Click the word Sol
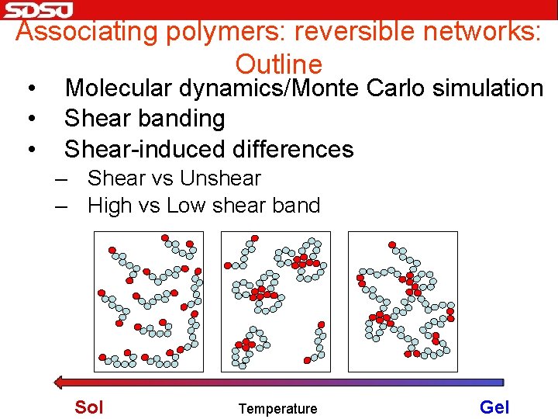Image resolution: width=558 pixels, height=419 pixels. click(x=88, y=407)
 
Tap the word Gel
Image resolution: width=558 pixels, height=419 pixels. click(x=494, y=407)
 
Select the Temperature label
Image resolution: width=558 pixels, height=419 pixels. click(x=277, y=409)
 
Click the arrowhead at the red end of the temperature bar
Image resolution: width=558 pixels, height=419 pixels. click(x=58, y=382)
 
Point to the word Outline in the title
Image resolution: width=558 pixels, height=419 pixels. click(x=278, y=64)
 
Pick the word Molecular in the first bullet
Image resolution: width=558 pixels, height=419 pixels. click(x=119, y=88)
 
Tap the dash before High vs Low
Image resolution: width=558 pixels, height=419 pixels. click(x=61, y=206)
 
